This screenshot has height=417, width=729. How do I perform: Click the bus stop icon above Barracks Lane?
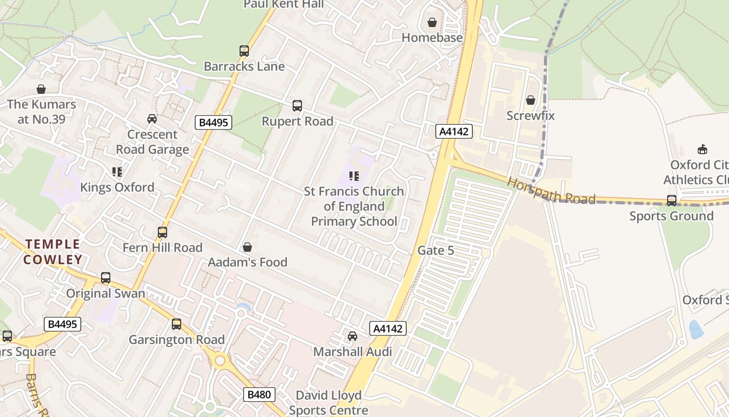tap(244, 51)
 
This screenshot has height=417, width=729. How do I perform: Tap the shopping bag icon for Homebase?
tap(432, 22)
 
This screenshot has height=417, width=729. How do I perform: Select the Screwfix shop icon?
tap(531, 100)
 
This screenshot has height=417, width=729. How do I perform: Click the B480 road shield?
tap(259, 395)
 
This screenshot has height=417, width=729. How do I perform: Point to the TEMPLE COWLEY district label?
tap(53, 252)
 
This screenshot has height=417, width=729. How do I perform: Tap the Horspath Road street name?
tap(551, 191)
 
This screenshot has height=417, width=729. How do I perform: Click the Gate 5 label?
tap(436, 251)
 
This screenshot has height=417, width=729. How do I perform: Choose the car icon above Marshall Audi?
tap(353, 336)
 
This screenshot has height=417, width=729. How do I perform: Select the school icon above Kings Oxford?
tap(117, 171)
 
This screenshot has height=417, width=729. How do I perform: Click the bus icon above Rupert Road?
tap(297, 106)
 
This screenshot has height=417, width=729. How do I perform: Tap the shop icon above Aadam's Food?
tap(247, 247)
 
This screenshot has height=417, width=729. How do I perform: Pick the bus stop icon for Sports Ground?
tap(672, 201)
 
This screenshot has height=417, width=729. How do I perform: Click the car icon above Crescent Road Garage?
tap(152, 119)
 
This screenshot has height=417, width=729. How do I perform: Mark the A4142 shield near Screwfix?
tap(454, 131)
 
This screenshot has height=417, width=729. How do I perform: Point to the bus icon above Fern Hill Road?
tap(162, 232)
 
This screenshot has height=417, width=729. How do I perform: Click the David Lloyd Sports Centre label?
tap(329, 402)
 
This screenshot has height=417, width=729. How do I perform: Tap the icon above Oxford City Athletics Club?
tap(702, 150)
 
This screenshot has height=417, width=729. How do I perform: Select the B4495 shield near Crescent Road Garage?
tap(213, 122)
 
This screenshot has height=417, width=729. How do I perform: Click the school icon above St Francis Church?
tap(354, 176)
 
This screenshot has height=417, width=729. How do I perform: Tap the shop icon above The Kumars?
tap(41, 89)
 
